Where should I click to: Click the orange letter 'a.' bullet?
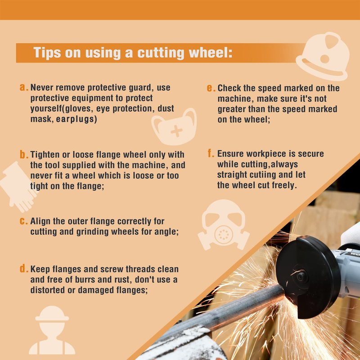pos(24,87)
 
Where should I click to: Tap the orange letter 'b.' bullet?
pos(24,154)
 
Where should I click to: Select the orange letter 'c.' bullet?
pos(24,221)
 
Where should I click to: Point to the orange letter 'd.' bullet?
pos(24,268)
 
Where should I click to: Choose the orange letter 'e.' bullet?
pos(211,88)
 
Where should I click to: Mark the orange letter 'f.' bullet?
pos(211,153)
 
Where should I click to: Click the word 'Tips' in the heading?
pos(47,53)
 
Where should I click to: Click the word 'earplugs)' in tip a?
pos(76,119)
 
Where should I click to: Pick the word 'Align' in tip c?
pos(40,221)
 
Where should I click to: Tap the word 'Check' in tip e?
pos(229,88)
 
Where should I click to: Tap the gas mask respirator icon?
pos(223,225)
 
